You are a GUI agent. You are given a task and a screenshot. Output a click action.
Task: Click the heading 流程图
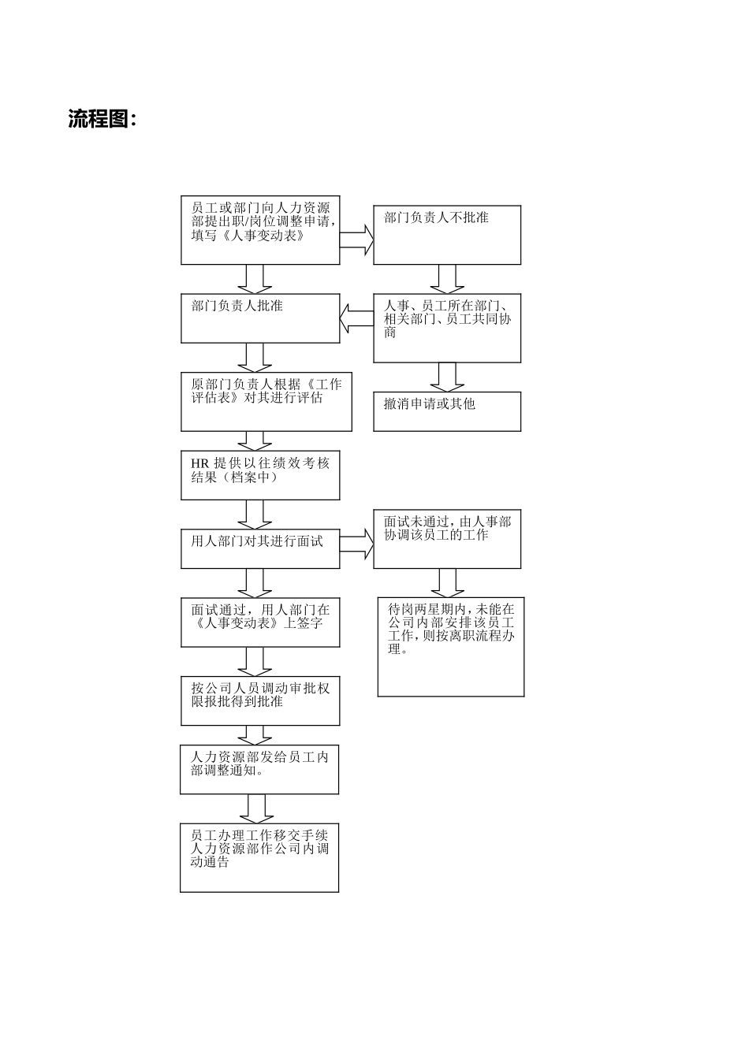click(102, 120)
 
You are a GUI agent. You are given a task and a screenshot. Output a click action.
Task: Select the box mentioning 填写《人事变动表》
click(260, 229)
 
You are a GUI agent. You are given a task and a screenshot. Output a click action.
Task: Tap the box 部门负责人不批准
click(446, 235)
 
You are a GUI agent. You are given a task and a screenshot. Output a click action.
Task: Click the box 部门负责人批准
click(260, 318)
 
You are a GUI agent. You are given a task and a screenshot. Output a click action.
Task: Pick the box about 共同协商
click(446, 328)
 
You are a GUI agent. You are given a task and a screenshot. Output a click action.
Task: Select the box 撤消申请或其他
click(446, 411)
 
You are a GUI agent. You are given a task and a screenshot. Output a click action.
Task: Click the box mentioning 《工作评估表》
click(266, 402)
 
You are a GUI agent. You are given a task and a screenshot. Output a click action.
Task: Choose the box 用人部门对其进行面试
click(260, 548)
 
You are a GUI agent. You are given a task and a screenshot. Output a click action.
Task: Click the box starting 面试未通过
click(446, 538)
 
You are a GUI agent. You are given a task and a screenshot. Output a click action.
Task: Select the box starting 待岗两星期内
click(450, 646)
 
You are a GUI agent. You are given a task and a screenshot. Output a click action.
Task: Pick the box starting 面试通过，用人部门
click(260, 622)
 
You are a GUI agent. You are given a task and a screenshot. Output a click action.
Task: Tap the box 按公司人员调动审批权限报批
click(260, 700)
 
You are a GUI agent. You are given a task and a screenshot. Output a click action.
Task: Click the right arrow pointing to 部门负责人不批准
click(357, 240)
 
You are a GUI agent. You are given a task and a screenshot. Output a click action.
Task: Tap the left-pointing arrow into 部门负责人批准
click(356, 319)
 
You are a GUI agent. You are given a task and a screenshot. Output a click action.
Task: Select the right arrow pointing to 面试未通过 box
click(357, 544)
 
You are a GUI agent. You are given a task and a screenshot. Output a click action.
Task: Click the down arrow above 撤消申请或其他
click(446, 377)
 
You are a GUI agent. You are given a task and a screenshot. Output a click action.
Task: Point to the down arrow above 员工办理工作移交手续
click(255, 808)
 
